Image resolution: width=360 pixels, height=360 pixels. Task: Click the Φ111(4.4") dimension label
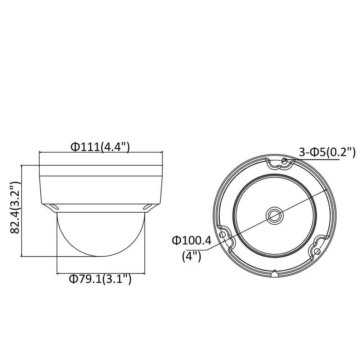(x=100, y=147)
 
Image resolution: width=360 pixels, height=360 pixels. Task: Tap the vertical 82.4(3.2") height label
(x=15, y=208)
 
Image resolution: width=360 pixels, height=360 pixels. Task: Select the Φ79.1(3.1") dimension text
(x=100, y=279)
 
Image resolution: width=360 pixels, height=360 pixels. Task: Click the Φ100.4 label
(x=191, y=240)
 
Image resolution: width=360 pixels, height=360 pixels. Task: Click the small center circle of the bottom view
(x=275, y=215)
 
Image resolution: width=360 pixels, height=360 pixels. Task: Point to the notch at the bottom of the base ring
(x=274, y=273)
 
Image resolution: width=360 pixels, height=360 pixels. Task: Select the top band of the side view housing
(x=101, y=171)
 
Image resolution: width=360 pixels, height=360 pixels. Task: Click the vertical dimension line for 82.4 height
(x=23, y=211)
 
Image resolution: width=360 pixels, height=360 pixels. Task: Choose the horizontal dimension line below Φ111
(x=101, y=153)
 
